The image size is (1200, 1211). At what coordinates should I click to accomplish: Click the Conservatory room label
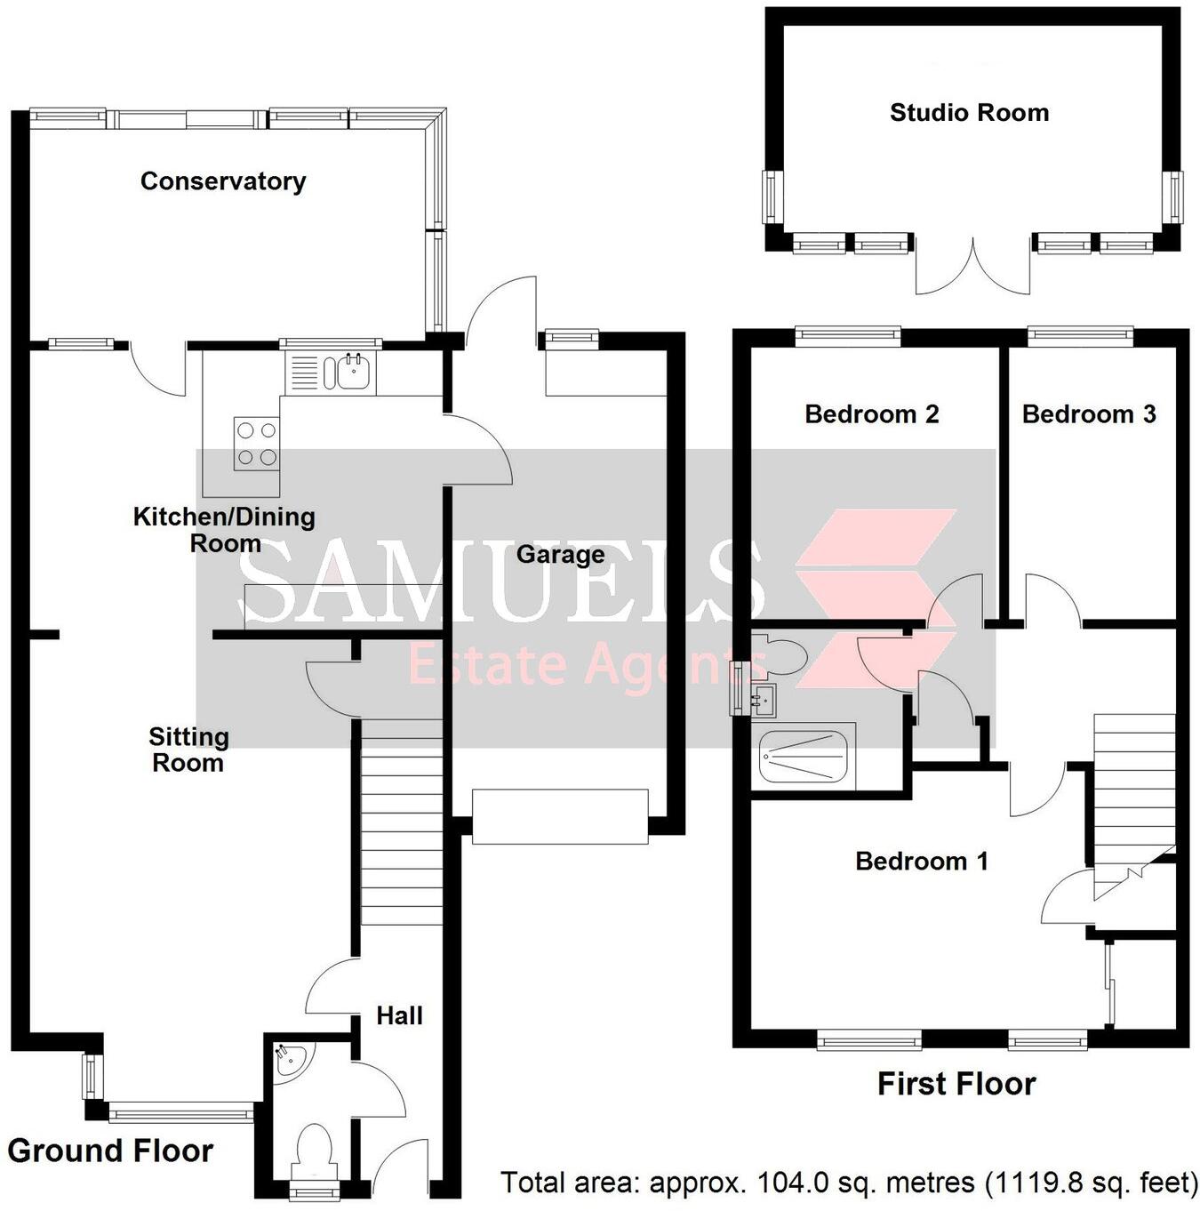click(x=223, y=181)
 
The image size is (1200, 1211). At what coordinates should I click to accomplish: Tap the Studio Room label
click(x=969, y=113)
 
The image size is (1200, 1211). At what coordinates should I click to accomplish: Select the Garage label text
click(x=560, y=555)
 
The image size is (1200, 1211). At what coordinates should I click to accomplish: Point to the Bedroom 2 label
click(x=871, y=414)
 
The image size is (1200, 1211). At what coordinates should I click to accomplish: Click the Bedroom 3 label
click(x=1088, y=414)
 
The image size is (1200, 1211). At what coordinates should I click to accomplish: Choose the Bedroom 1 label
click(x=921, y=861)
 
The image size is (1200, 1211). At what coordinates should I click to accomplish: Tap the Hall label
click(x=399, y=1015)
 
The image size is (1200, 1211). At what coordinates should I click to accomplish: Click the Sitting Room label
click(x=188, y=750)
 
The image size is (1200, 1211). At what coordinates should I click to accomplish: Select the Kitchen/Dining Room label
click(x=224, y=530)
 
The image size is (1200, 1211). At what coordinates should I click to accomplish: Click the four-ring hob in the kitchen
click(x=256, y=444)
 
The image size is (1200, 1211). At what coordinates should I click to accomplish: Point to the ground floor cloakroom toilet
click(x=314, y=1147)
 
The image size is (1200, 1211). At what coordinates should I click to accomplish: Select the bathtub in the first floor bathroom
click(x=803, y=757)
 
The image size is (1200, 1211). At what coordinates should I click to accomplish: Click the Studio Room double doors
click(x=973, y=267)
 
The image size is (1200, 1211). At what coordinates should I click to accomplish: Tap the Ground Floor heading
click(x=110, y=1151)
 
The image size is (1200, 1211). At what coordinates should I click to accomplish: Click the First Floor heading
click(x=956, y=1084)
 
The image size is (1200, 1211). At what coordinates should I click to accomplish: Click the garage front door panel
click(x=560, y=816)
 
